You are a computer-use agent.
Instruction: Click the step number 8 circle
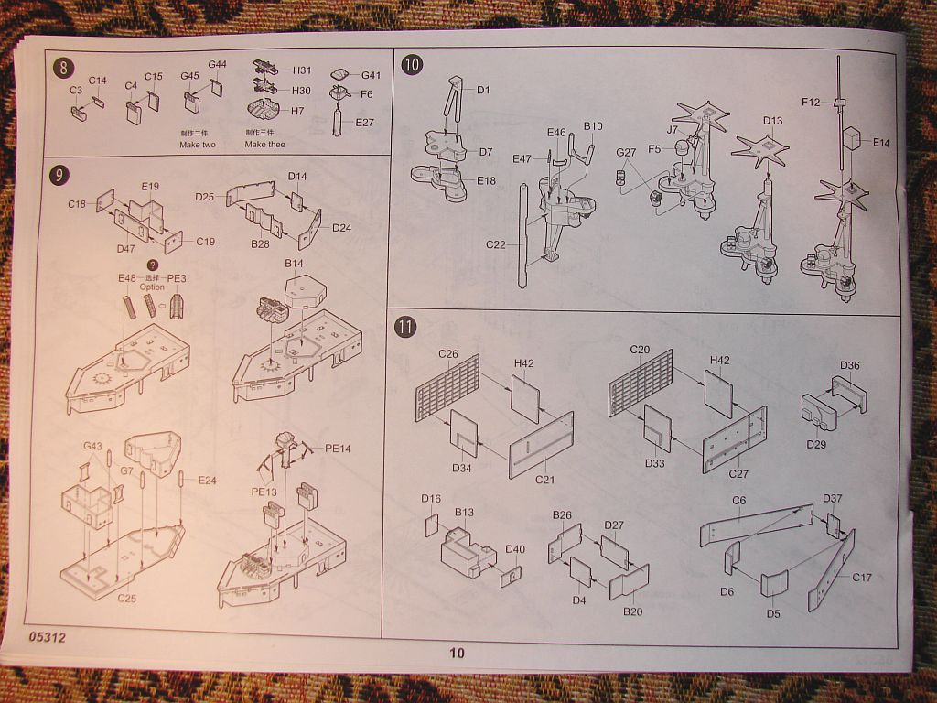tap(63, 67)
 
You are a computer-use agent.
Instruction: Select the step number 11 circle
tap(404, 327)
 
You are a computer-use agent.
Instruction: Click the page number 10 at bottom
tap(457, 653)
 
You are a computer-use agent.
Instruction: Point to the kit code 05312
tap(47, 636)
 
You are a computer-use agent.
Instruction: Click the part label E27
tap(365, 123)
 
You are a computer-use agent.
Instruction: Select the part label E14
tap(880, 142)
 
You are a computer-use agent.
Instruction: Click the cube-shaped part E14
tap(852, 137)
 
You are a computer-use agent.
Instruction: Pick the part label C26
tap(447, 353)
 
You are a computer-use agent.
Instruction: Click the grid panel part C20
tap(640, 382)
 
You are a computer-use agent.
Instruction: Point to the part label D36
tap(849, 366)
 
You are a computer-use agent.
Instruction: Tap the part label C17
tap(862, 578)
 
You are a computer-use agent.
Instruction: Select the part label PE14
tap(338, 449)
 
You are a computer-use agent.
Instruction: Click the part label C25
tap(128, 598)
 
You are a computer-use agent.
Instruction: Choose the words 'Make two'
tap(198, 145)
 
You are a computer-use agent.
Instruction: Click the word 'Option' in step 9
tap(152, 287)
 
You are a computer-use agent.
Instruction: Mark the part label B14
tap(294, 264)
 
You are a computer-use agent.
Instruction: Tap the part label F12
tap(811, 103)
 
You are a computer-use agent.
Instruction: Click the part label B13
tap(464, 513)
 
